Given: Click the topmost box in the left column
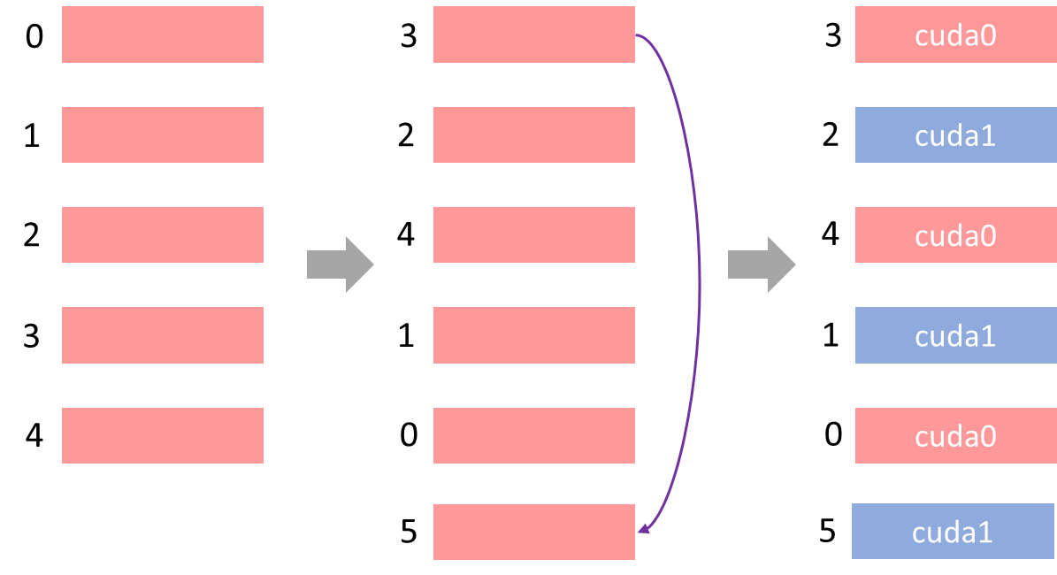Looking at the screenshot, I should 163,34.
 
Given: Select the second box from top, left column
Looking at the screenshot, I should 163,134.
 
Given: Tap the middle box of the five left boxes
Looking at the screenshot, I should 163,234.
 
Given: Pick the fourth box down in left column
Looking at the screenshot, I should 163,335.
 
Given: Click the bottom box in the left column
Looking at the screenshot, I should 163,435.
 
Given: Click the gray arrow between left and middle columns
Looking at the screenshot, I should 341,264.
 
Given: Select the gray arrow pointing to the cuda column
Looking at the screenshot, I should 762,264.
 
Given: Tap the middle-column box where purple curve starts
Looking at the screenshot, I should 534,34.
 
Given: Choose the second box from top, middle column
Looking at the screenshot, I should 534,134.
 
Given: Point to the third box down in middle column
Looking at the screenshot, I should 534,234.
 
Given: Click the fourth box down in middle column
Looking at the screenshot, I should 534,335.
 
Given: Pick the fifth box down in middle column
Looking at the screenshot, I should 534,435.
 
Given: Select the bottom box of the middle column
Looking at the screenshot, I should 534,532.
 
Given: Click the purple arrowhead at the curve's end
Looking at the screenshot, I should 643,529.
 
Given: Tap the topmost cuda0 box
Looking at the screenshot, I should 955,34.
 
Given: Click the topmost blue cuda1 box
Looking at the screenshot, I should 955,134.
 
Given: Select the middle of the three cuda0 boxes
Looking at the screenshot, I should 955,234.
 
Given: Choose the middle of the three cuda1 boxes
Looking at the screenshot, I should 955,335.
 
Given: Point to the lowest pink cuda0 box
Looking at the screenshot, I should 955,435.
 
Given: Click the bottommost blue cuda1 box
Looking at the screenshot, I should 953,531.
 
